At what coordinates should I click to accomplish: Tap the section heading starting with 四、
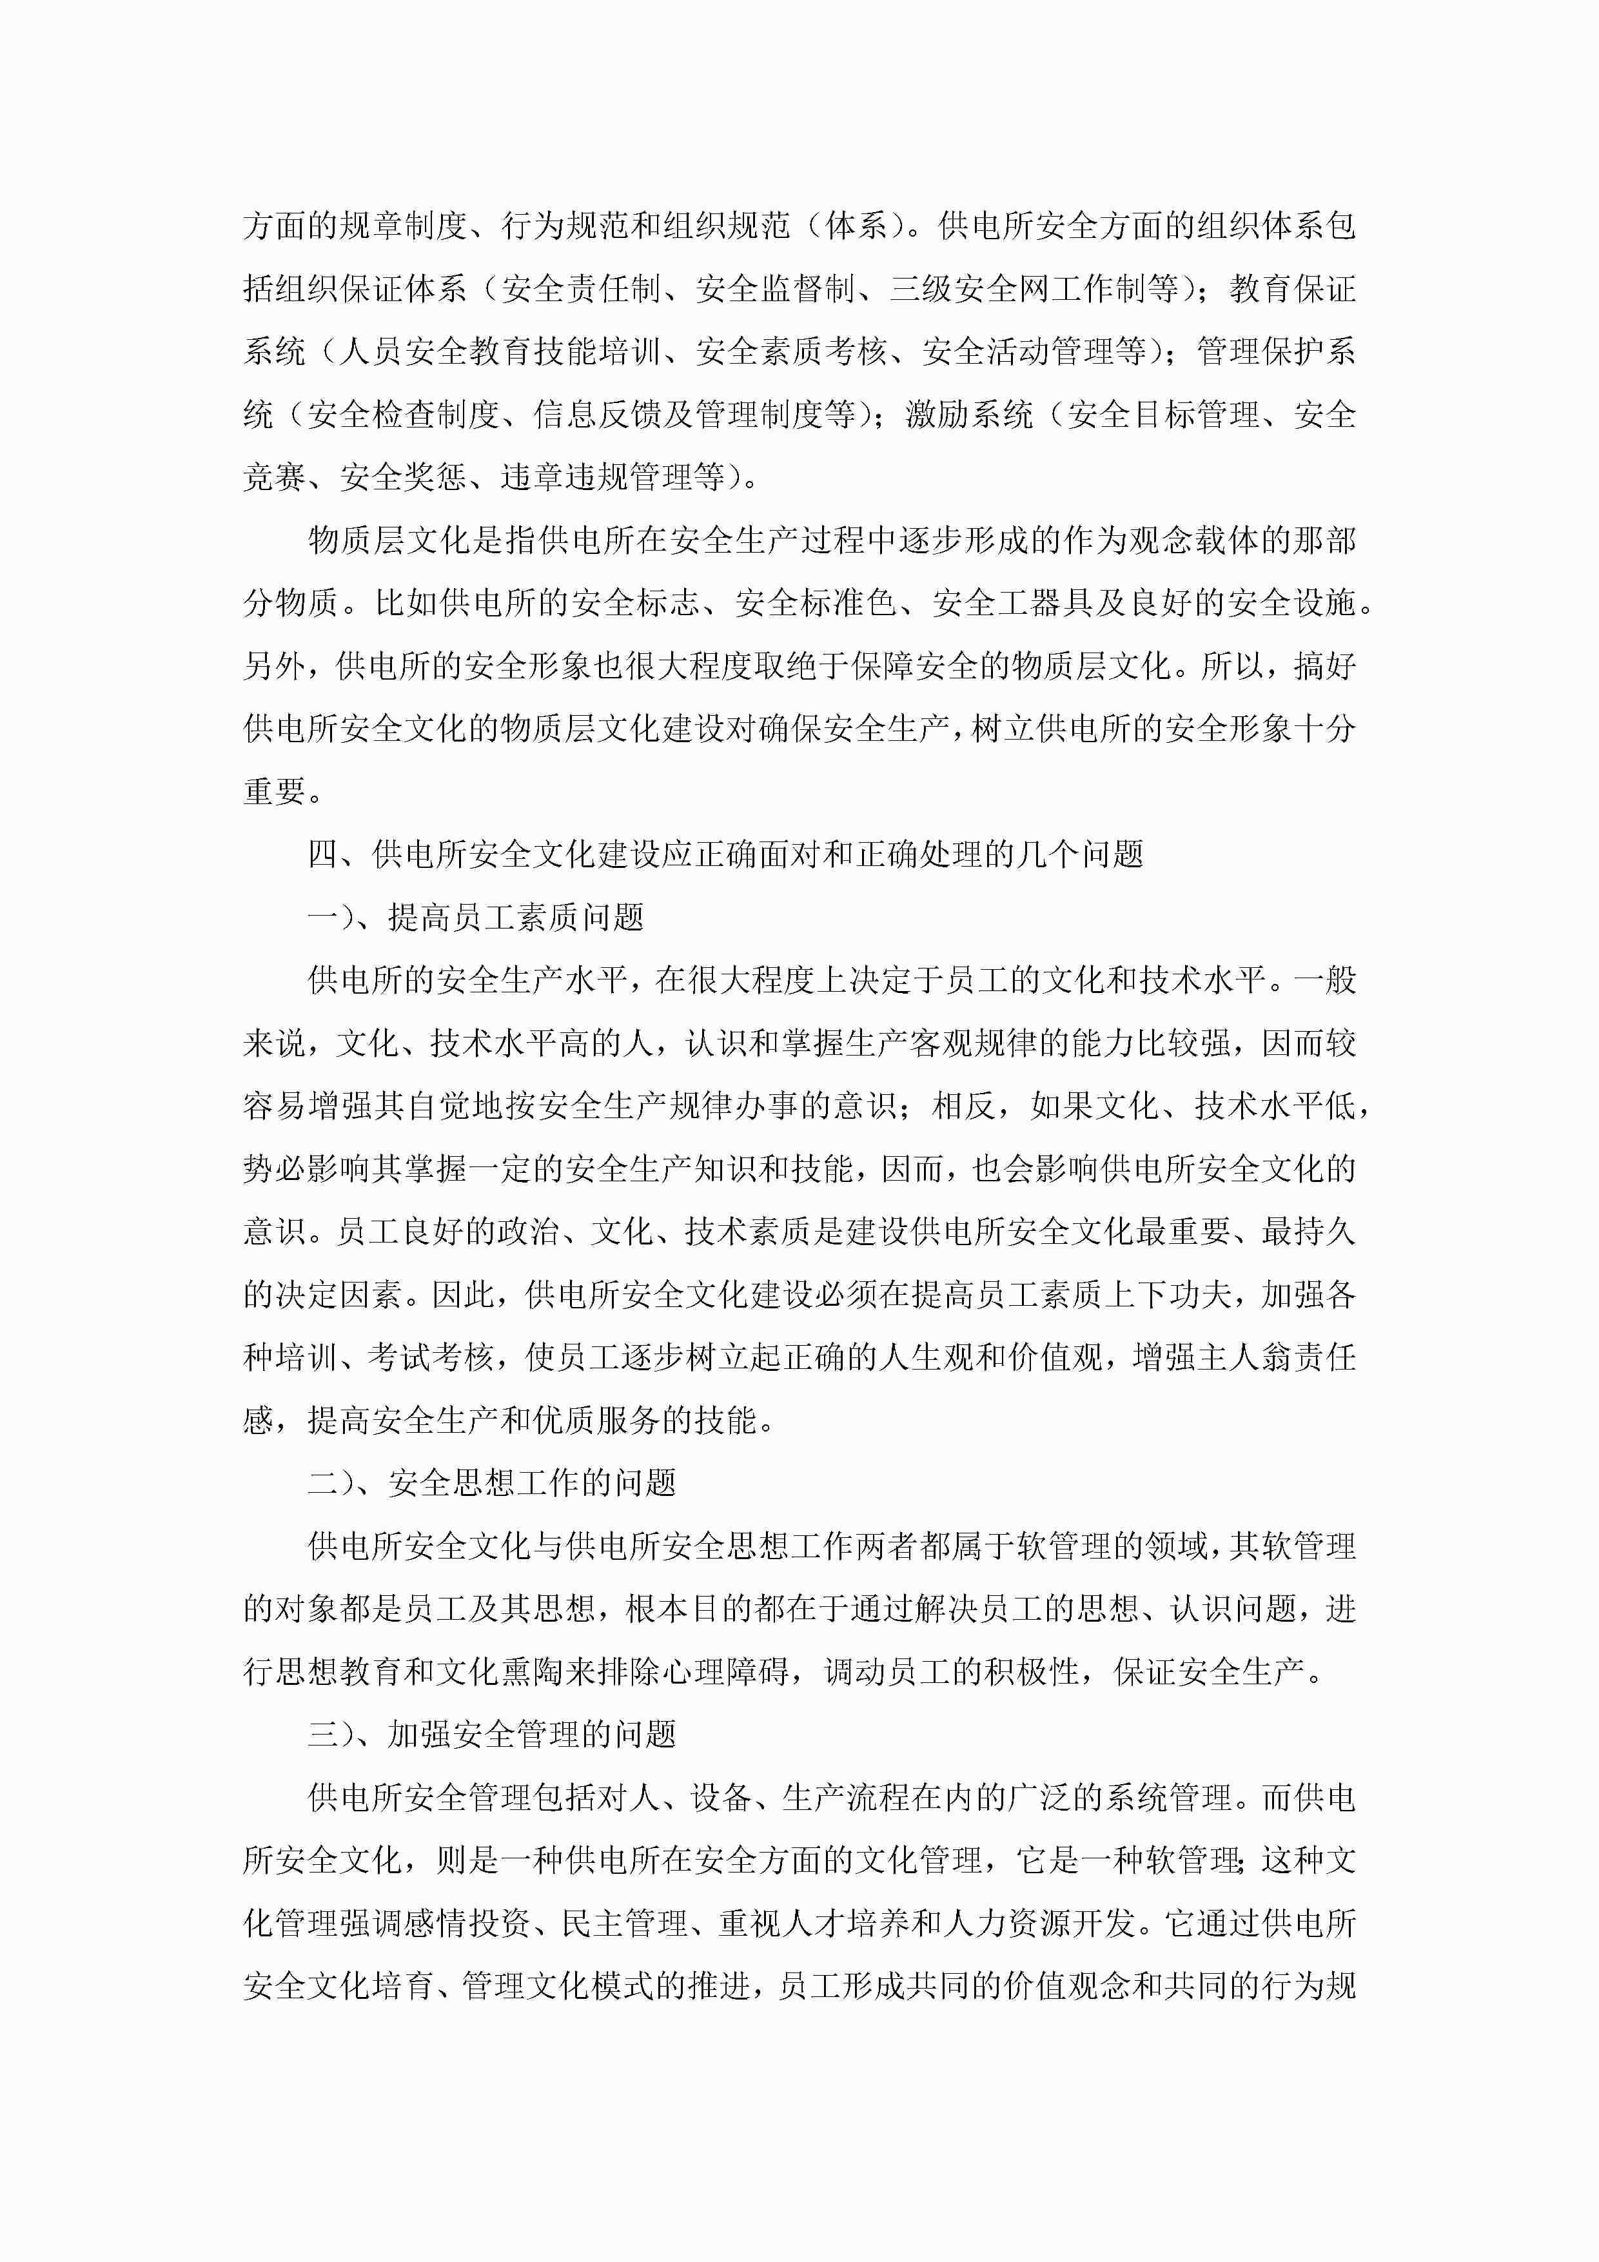point(726,854)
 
